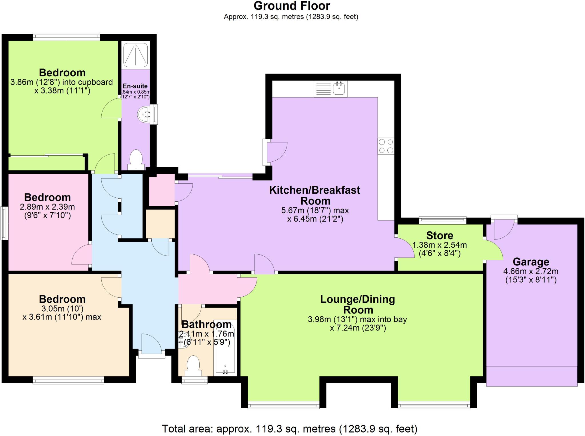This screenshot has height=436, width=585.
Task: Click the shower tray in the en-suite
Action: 136,54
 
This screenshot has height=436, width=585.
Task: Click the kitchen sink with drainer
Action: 330,88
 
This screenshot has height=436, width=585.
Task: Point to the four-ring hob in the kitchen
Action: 386,146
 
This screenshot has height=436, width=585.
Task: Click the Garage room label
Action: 531,262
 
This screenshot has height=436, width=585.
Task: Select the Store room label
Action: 440,235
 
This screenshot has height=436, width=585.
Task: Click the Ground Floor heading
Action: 292,6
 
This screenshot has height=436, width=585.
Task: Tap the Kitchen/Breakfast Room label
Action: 315,195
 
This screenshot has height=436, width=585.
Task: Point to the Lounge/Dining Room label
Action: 358,304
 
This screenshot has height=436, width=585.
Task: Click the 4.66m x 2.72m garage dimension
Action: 531,271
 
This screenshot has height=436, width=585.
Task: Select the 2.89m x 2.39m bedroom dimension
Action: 47,207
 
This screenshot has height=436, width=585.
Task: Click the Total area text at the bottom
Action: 289,429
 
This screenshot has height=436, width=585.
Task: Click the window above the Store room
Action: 442,220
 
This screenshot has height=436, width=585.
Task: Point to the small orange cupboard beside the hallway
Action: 160,224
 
